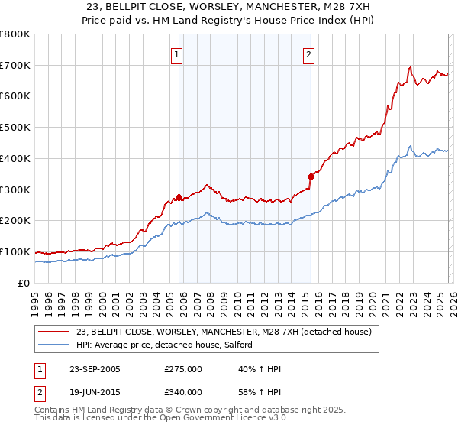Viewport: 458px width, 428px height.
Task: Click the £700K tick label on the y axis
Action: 15,66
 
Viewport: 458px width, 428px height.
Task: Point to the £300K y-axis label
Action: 15,190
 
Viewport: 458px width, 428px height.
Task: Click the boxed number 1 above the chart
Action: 177,54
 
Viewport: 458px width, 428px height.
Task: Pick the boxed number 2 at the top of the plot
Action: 309,54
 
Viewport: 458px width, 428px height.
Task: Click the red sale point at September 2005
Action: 179,197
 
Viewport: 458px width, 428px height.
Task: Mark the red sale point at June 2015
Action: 311,177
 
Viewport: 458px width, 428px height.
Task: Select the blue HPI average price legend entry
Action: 169,345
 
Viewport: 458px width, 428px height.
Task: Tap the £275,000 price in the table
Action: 183,369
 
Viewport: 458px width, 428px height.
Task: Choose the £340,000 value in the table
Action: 183,392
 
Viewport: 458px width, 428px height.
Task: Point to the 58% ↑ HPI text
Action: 260,392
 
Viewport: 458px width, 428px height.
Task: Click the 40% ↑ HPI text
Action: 260,369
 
